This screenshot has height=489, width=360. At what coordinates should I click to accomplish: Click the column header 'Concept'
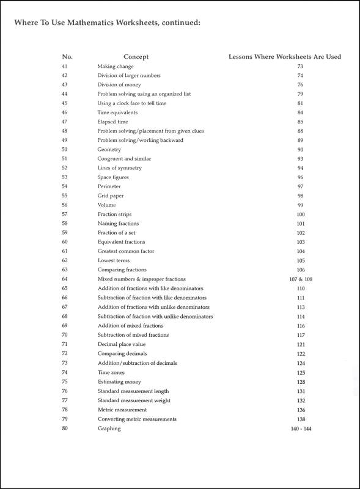pos(136,57)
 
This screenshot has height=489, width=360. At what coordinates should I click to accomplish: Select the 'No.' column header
pos(67,57)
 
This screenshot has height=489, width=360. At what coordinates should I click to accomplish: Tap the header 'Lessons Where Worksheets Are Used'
pos(284,57)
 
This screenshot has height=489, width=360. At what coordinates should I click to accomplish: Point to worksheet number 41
pos(65,66)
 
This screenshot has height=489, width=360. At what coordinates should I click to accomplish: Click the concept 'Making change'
pos(116,66)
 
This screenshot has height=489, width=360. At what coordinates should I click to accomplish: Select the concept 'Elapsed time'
pos(113,122)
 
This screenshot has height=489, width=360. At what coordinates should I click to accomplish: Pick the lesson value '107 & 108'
pos(300,279)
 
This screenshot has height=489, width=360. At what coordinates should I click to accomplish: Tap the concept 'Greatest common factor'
pos(126,251)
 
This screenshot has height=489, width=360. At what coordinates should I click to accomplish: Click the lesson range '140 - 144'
pos(300,428)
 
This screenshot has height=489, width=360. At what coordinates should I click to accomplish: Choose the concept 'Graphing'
pos(109,428)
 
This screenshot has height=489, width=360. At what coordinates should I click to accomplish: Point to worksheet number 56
pos(65,205)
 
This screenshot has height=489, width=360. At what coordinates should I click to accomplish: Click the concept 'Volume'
pos(106,205)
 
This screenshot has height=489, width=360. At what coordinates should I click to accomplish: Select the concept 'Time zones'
pos(112,372)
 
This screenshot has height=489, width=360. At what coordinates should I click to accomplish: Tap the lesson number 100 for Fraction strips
pos(300,215)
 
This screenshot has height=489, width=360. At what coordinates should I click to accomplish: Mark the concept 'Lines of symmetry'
pos(119,168)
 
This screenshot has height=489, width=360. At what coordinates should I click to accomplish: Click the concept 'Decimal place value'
pos(120,345)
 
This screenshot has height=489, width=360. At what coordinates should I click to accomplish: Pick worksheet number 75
pos(65,382)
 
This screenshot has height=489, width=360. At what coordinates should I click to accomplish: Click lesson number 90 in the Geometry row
pos(300,150)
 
